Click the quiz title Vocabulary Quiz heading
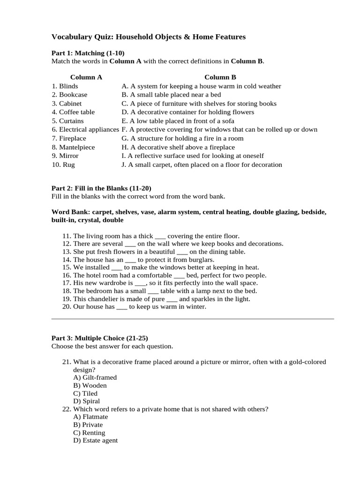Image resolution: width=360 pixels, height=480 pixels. click(148, 37)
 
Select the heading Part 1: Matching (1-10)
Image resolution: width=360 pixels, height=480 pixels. click(88, 53)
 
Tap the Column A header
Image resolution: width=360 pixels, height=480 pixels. click(86, 77)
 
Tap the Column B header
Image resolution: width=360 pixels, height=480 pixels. click(220, 77)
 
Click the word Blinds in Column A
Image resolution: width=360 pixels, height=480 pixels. click(68, 86)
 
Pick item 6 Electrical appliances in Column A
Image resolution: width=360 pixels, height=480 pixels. click(85, 129)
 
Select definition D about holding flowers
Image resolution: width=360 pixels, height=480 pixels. click(187, 112)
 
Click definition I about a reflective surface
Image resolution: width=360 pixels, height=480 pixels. click(192, 156)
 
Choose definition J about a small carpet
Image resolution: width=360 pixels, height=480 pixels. click(202, 165)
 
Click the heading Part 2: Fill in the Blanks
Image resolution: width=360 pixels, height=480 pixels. click(101, 188)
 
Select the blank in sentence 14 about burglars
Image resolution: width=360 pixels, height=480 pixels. click(131, 260)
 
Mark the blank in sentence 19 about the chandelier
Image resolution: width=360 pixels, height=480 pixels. click(172, 299)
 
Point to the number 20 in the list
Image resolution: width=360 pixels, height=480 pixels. click(66, 307)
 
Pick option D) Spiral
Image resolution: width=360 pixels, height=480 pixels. click(87, 401)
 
